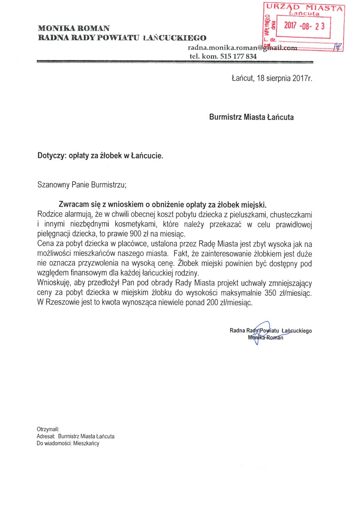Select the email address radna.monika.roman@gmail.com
click(242, 48)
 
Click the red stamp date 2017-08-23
click(304, 26)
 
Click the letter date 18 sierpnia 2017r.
click(271, 79)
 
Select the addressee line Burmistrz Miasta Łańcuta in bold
click(251, 117)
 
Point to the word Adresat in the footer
click(45, 436)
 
